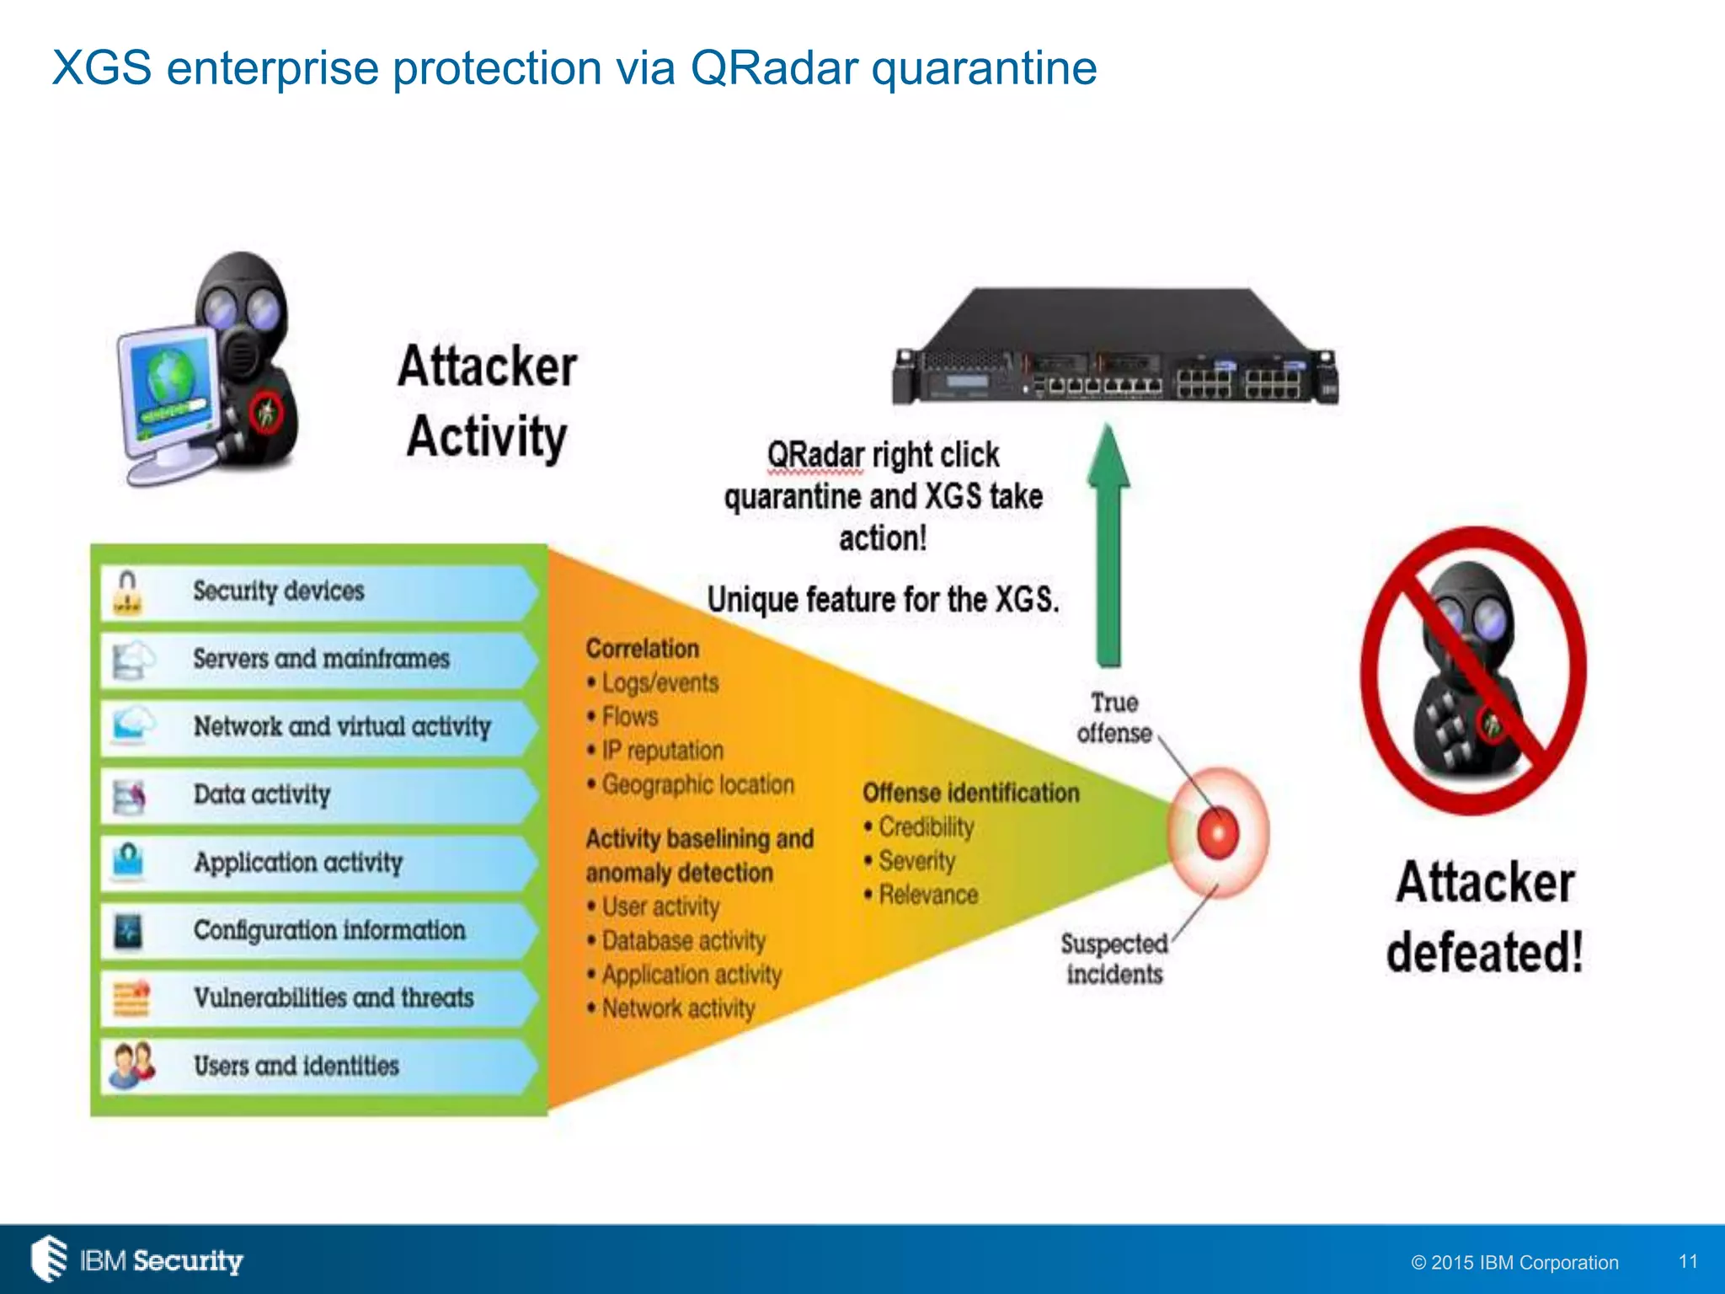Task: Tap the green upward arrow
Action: (1108, 548)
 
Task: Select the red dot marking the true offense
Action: (1218, 831)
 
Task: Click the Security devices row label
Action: (279, 591)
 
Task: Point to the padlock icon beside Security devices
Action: (127, 592)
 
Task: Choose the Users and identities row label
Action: (296, 1066)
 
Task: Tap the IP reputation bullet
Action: (662, 751)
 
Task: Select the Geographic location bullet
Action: (697, 785)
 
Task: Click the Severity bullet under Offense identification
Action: (916, 861)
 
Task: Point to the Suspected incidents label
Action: (1114, 959)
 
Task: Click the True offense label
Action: (1114, 718)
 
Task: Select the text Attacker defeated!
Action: (1484, 917)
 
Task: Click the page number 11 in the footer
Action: (1688, 1261)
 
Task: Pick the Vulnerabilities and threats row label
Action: (334, 997)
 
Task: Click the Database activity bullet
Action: (683, 940)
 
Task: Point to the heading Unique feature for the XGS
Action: (883, 600)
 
